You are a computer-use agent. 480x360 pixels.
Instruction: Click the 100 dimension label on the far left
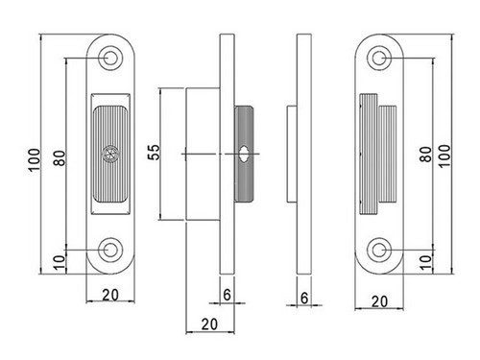click(35, 160)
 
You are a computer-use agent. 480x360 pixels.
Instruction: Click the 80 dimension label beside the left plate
click(60, 157)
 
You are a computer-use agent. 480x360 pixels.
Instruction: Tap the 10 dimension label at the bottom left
click(60, 262)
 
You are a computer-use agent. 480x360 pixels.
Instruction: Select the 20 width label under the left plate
click(110, 295)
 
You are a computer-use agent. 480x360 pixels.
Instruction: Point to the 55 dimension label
click(154, 153)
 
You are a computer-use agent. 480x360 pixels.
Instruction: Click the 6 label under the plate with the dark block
click(227, 295)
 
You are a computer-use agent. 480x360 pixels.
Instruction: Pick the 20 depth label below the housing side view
click(209, 324)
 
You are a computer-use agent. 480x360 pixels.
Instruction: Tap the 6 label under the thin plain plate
click(304, 298)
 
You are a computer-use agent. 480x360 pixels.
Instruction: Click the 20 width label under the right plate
click(379, 301)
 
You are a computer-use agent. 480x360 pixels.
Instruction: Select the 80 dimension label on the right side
click(426, 155)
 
